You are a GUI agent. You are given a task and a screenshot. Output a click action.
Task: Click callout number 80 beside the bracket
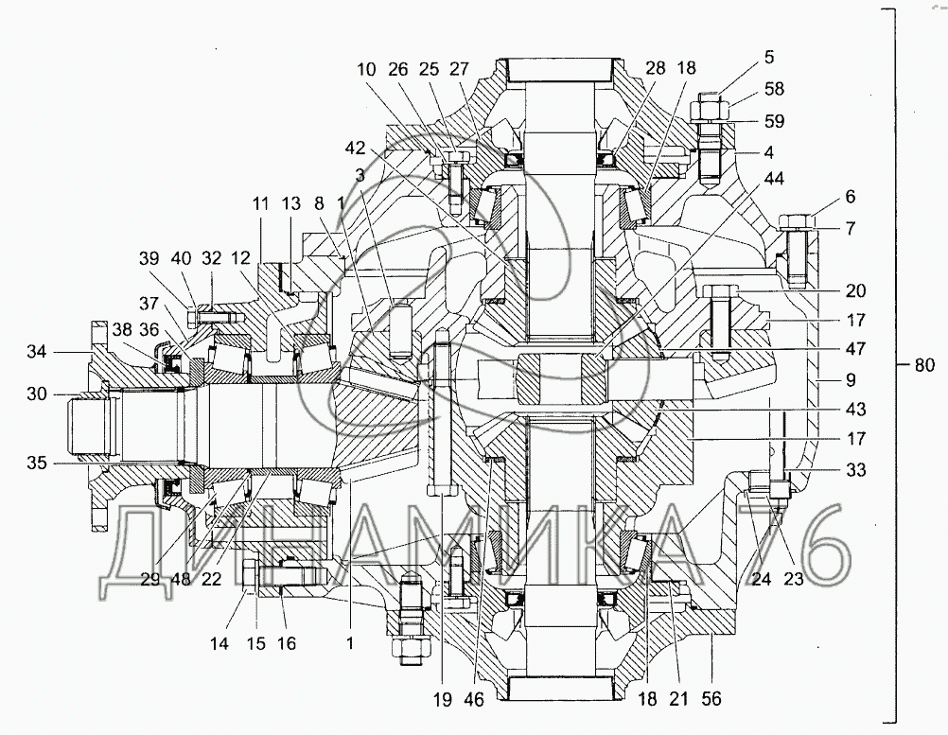point(923,364)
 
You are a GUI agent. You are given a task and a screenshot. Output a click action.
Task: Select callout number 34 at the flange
point(37,351)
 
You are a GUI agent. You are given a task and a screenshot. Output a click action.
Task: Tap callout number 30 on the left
point(37,394)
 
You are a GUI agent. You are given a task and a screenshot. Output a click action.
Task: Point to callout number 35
point(37,463)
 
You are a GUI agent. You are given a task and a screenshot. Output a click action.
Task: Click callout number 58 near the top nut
point(774,89)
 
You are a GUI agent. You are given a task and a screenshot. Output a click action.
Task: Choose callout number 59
point(774,121)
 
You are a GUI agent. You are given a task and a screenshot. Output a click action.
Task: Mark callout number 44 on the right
point(774,179)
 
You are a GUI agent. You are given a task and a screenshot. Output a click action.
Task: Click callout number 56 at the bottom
point(711,699)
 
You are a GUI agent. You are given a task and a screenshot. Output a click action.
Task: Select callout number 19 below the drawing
point(443,699)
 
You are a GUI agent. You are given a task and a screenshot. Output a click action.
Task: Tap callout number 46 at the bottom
point(474,699)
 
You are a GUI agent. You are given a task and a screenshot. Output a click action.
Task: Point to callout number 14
point(219,644)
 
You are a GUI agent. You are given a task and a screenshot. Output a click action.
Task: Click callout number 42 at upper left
point(356,149)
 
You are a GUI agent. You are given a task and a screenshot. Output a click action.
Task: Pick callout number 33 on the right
point(855,469)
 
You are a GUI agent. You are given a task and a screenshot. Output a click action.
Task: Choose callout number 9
point(851,380)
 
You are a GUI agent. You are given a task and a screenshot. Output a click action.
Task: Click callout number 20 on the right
point(855,290)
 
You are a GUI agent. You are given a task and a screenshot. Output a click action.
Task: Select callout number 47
point(855,349)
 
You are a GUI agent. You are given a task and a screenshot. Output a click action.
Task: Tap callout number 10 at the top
point(366,69)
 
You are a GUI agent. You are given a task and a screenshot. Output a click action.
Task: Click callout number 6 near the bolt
point(851,197)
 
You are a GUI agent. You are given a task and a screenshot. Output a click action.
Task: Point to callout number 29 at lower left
point(149,579)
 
